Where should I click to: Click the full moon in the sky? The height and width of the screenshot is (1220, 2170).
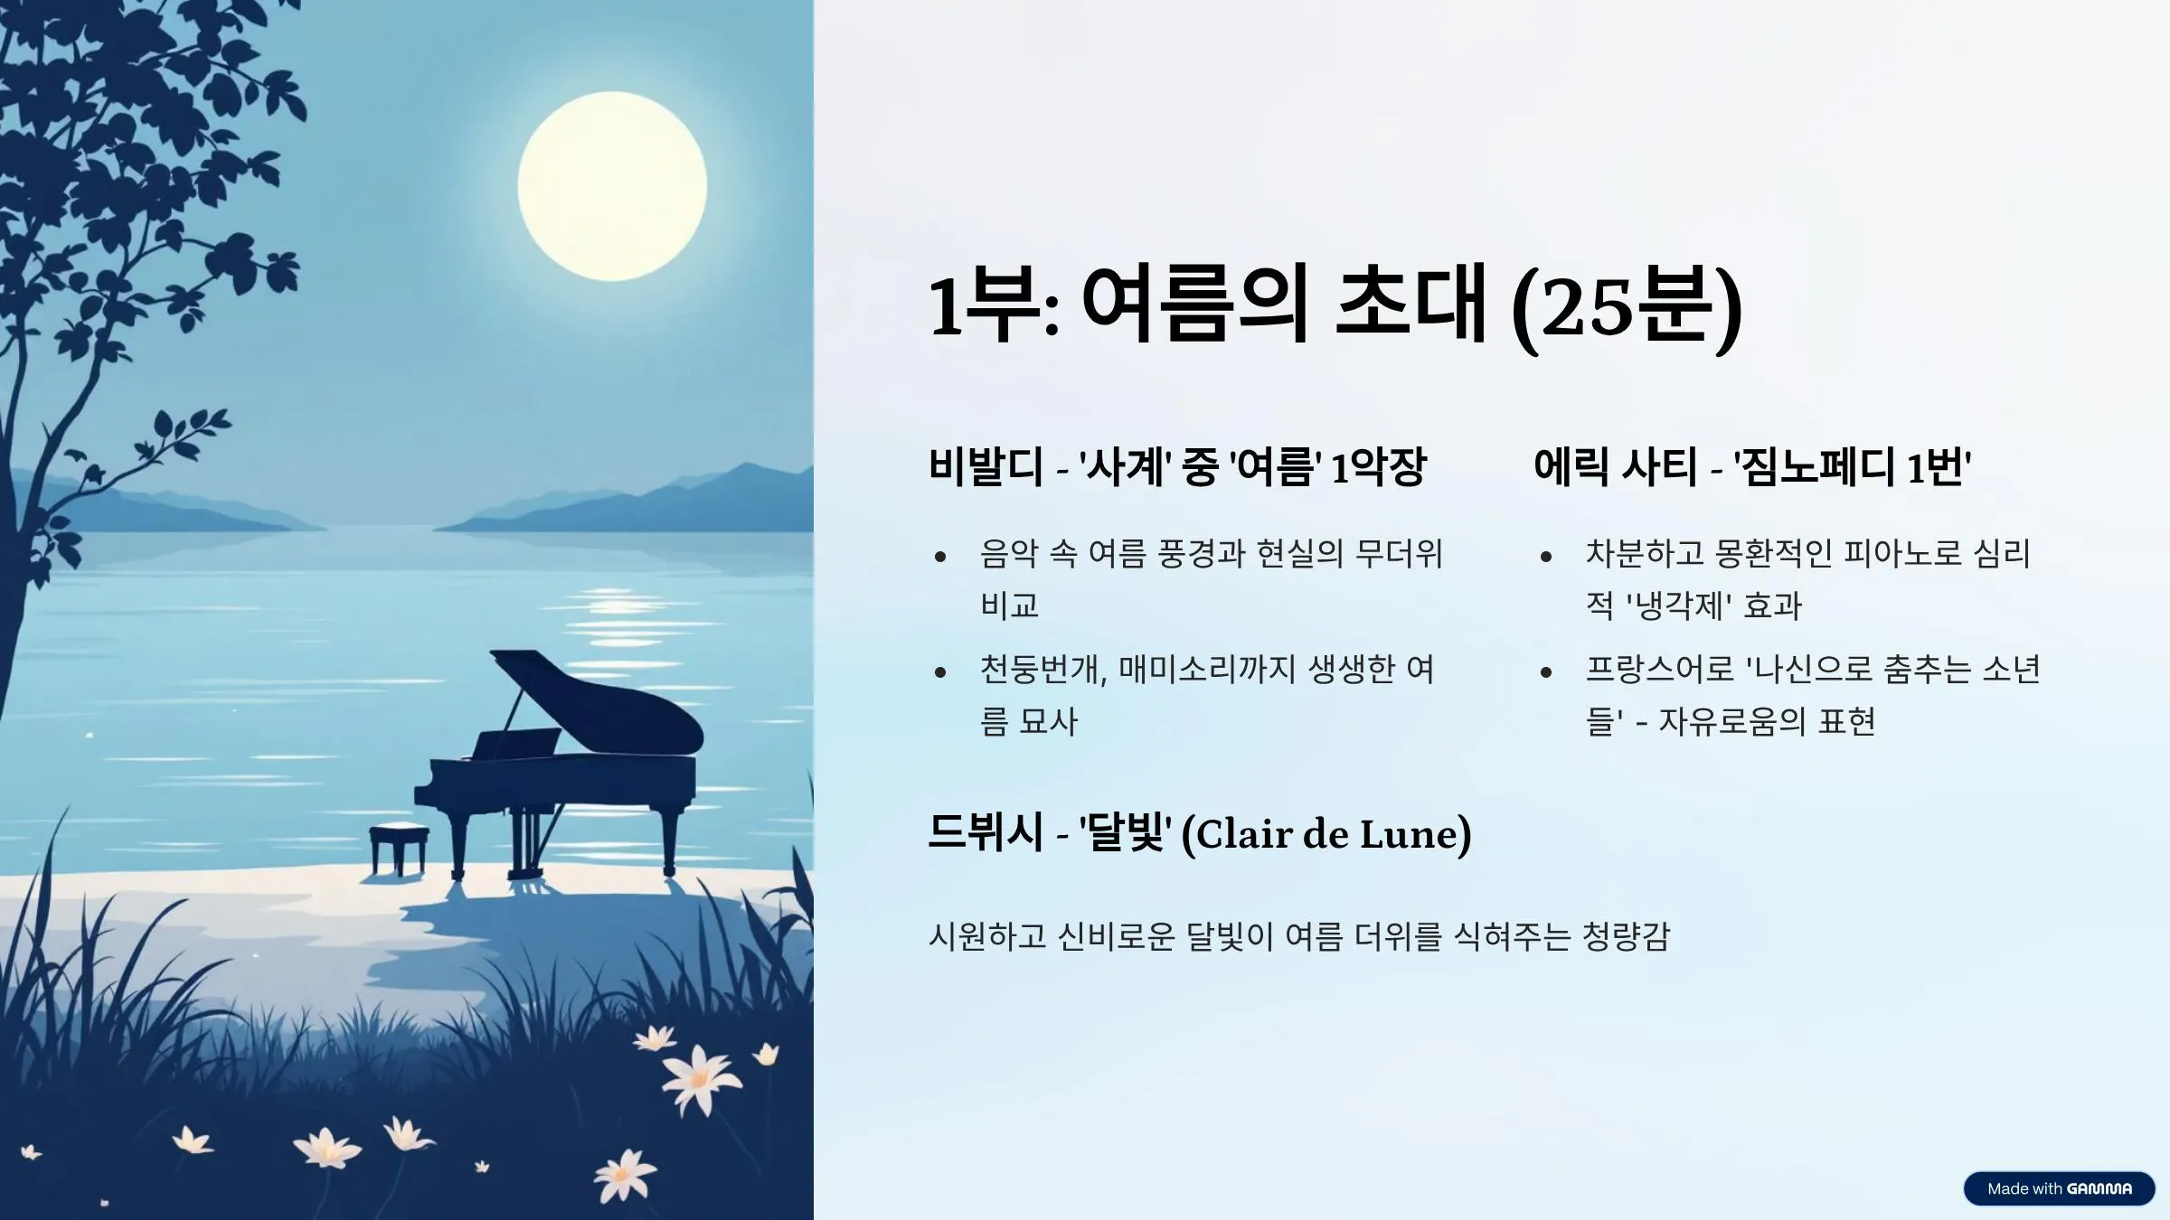612,186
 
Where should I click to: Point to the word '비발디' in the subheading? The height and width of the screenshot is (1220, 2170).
986,467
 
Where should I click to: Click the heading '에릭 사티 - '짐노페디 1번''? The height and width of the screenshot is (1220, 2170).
1752,467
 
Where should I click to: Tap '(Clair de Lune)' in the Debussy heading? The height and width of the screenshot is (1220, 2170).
1326,833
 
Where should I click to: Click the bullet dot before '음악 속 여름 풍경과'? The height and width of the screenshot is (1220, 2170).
940,557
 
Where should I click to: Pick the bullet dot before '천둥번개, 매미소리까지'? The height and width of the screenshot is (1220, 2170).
940,672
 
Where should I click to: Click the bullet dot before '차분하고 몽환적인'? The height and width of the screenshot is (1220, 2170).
1546,557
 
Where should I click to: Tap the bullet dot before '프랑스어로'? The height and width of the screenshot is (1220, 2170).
1546,672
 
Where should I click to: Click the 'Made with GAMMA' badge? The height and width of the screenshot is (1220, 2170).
2059,1188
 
